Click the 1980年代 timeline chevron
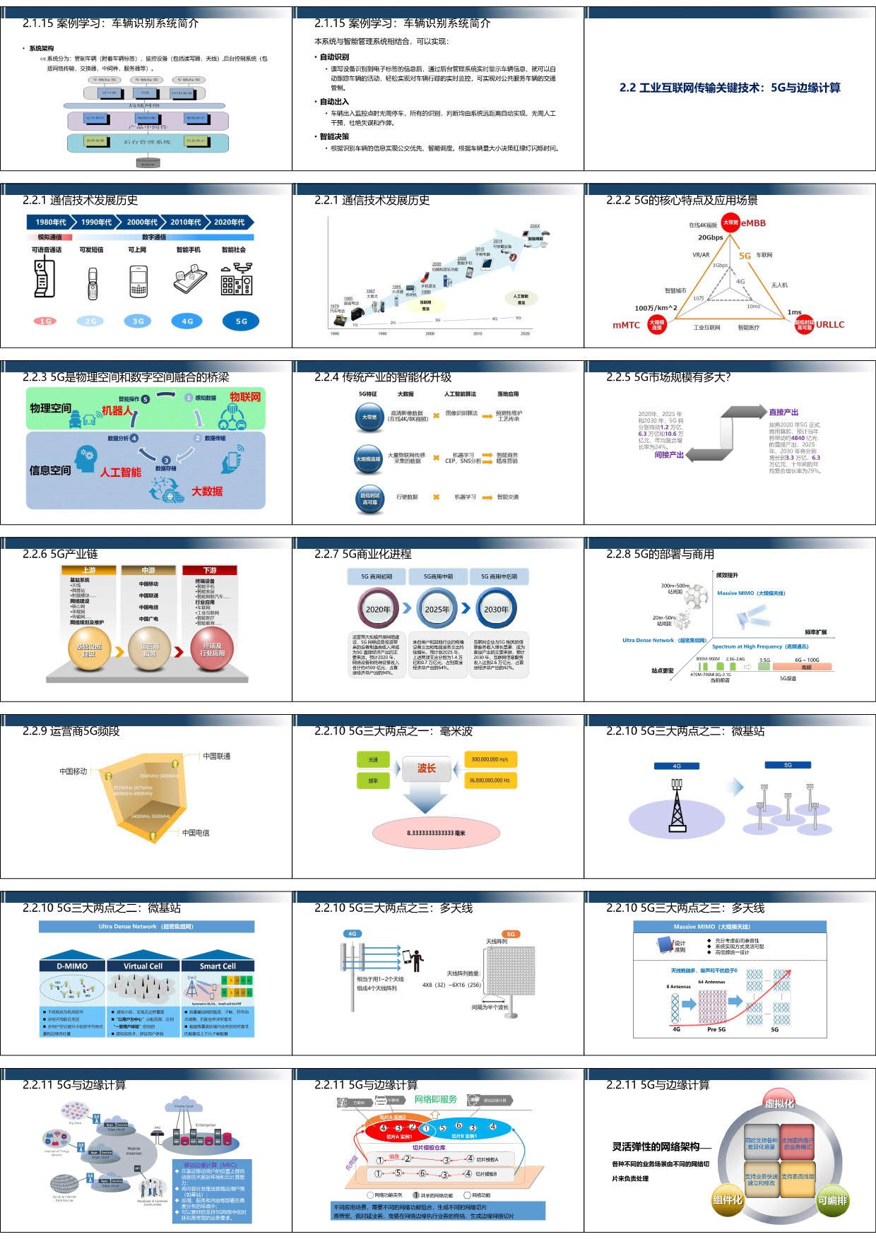tap(49, 222)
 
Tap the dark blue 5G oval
tap(241, 321)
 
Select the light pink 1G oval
tap(45, 321)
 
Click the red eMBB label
tap(753, 223)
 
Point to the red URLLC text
tap(829, 325)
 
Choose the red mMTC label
tap(626, 325)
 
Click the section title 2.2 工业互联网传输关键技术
tap(730, 88)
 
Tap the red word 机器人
tap(117, 410)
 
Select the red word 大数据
tap(207, 491)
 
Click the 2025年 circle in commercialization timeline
tap(437, 609)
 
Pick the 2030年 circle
tap(496, 609)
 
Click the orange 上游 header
tap(88, 570)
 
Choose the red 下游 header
tap(210, 570)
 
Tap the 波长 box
tap(426, 769)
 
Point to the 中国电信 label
tap(196, 833)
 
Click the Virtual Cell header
tap(143, 966)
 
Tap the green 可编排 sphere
tap(832, 1200)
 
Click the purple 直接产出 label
tap(783, 412)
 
